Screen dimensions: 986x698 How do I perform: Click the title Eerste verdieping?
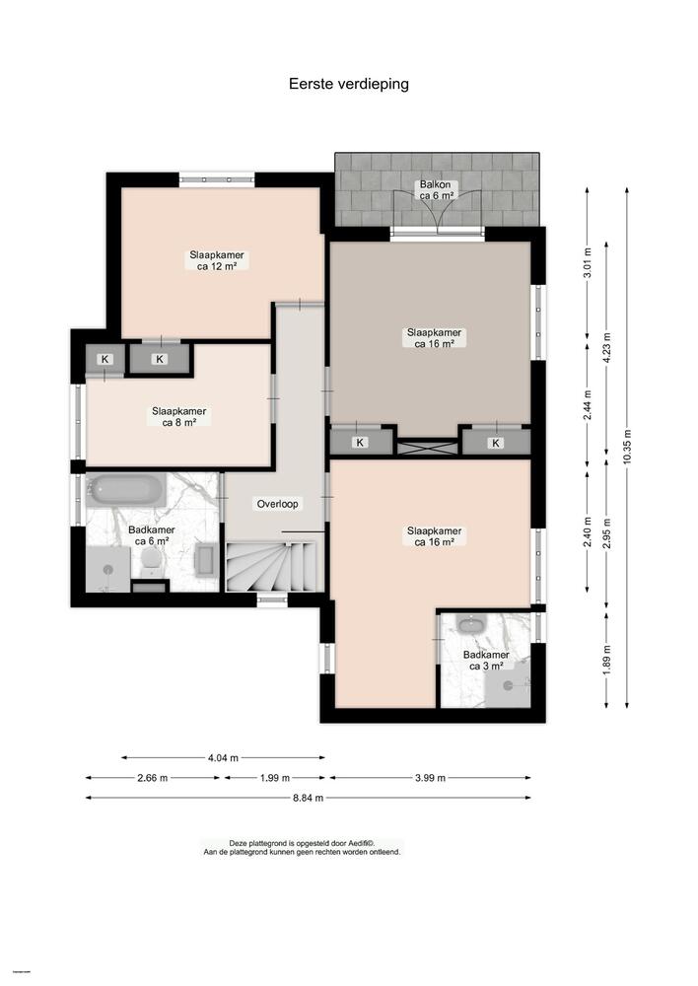coord(348,84)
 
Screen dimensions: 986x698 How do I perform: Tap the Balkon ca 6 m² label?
coord(435,190)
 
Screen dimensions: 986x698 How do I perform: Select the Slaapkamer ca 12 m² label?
coord(216,259)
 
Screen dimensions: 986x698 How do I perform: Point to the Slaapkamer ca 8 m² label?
coord(178,417)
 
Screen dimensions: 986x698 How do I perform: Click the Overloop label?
coord(278,503)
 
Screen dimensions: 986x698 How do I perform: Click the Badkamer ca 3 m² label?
coord(486,660)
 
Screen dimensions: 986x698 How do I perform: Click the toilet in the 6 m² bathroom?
coord(151,559)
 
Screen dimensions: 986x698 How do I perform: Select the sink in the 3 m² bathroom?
coord(469,625)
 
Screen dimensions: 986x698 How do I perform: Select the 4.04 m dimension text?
coord(223,757)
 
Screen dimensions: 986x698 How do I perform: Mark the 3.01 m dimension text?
coord(588,266)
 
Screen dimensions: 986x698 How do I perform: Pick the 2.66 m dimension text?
coord(153,778)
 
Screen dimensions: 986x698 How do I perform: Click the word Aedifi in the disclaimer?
coord(353,843)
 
